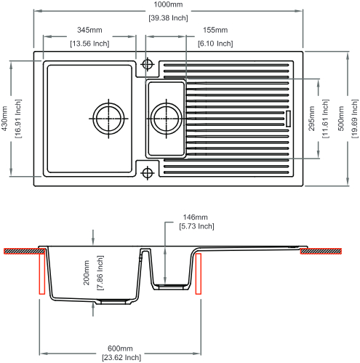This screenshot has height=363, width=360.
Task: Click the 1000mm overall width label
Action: click(x=168, y=4)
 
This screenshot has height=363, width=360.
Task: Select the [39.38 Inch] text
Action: click(x=168, y=17)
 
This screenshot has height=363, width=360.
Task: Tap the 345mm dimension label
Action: click(x=89, y=30)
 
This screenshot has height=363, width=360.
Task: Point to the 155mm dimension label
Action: click(x=215, y=30)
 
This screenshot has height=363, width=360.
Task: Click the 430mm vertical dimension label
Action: click(x=5, y=119)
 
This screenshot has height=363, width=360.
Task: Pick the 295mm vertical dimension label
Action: click(x=311, y=119)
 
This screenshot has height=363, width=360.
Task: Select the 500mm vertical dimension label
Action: click(x=341, y=119)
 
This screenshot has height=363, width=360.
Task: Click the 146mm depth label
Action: click(x=195, y=217)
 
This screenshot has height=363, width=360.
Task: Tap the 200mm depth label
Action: click(x=87, y=273)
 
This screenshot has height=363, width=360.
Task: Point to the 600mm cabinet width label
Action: click(x=120, y=348)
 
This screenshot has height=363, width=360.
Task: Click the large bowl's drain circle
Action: click(x=108, y=119)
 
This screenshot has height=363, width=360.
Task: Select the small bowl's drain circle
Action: click(x=166, y=119)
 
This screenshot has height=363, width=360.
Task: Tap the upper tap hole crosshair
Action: click(x=147, y=64)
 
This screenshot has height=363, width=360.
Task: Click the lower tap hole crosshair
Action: click(x=147, y=173)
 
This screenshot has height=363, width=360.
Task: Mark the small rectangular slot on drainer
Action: click(x=288, y=119)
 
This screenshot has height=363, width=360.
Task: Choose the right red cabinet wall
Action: click(x=199, y=274)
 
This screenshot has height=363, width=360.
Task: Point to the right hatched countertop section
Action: click(x=321, y=252)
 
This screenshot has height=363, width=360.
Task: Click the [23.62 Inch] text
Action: click(x=121, y=357)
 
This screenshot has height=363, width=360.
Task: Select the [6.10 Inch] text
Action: click(x=215, y=44)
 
